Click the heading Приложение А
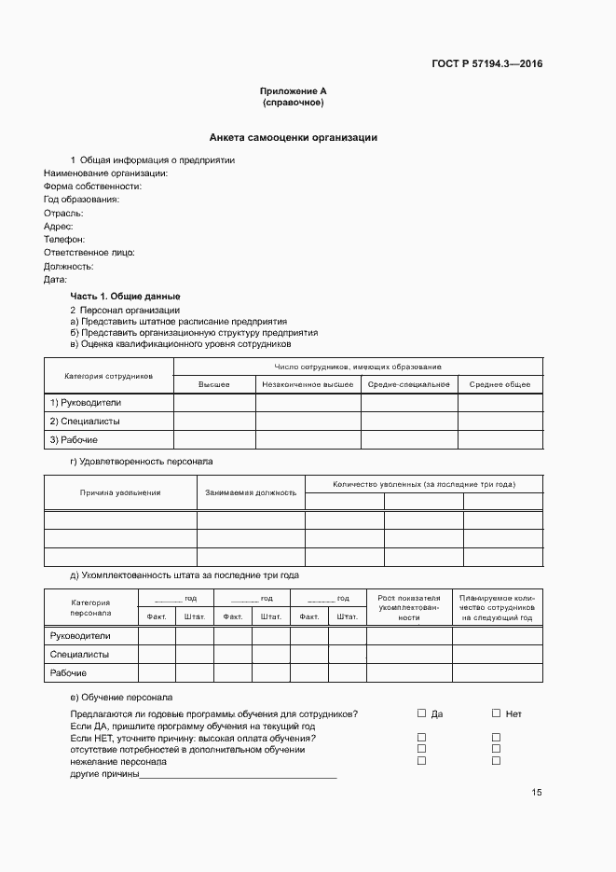click(293, 91)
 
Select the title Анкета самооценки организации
click(293, 137)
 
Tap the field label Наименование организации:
click(105, 173)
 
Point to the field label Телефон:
click(64, 239)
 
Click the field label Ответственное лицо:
click(89, 252)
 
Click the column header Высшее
click(214, 384)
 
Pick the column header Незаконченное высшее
click(308, 384)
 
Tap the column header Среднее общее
click(500, 384)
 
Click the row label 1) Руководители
click(86, 403)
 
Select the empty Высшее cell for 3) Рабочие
click(214, 440)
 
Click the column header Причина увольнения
click(120, 492)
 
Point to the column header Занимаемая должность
click(251, 492)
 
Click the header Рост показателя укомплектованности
click(409, 607)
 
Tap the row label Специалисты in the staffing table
click(79, 655)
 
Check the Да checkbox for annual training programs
click(421, 713)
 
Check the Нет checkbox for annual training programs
click(497, 713)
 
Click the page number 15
click(537, 793)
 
